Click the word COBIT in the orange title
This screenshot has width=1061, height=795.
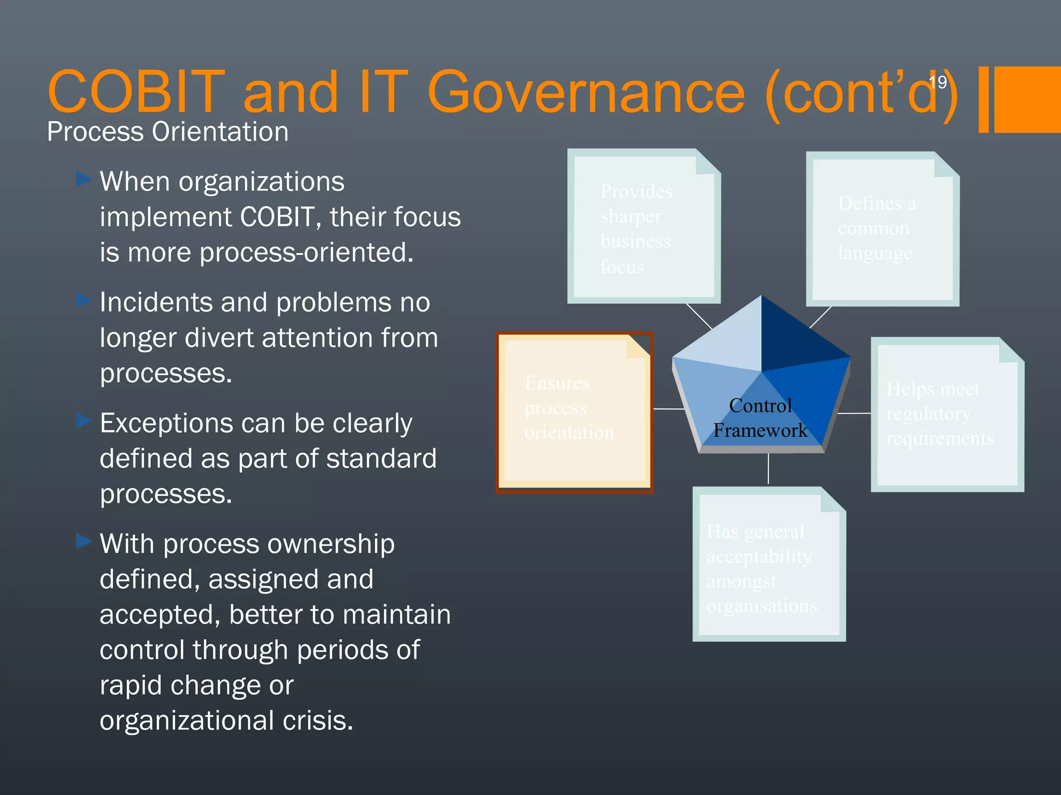pyautogui.click(x=136, y=92)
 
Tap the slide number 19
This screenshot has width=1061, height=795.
pyautogui.click(x=938, y=82)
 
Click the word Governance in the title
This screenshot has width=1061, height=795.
pyautogui.click(x=585, y=92)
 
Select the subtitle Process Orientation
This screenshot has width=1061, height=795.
pyautogui.click(x=167, y=131)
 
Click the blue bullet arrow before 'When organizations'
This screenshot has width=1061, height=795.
pyautogui.click(x=83, y=180)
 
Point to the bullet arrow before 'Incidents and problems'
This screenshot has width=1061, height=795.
pyautogui.click(x=83, y=300)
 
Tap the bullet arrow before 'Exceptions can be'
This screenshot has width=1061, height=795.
pyautogui.click(x=83, y=421)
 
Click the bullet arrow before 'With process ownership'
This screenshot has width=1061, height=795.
pyautogui.click(x=83, y=541)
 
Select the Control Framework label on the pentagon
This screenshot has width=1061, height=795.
pyautogui.click(x=760, y=418)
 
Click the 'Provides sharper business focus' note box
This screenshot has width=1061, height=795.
pyautogui.click(x=643, y=228)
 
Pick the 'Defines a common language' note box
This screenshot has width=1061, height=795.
pyautogui.click(x=882, y=229)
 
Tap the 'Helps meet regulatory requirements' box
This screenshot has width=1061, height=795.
pyautogui.click(x=947, y=414)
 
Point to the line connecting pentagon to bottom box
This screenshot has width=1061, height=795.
pyautogui.click(x=768, y=468)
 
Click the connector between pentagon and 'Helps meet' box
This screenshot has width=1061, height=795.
pyautogui.click(x=854, y=413)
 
